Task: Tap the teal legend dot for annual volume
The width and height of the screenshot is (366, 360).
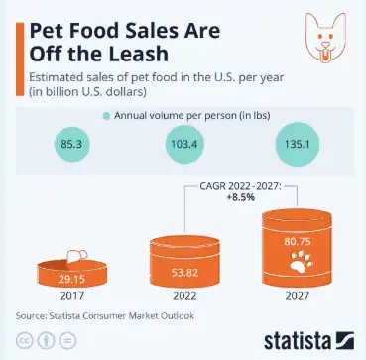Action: pos(104,116)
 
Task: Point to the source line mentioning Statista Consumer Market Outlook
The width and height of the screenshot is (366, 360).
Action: pos(104,316)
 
